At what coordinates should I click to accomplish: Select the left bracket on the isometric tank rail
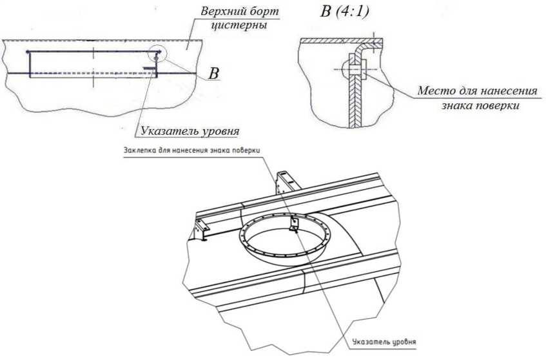point(201,227)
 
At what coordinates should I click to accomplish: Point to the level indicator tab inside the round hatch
point(293,225)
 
